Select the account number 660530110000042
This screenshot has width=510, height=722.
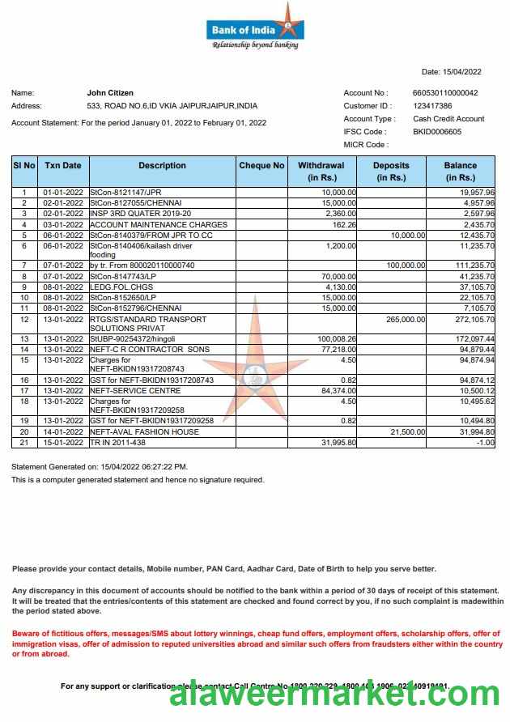pyautogui.click(x=445, y=93)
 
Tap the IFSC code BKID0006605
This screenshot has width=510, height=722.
pyautogui.click(x=437, y=132)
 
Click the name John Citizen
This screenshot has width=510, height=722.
pyautogui.click(x=110, y=93)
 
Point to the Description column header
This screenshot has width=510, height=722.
pyautogui.click(x=162, y=166)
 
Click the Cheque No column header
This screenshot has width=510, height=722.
pyautogui.click(x=261, y=166)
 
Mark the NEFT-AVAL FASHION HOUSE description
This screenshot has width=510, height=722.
pyautogui.click(x=143, y=431)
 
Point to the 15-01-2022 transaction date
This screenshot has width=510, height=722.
pyautogui.click(x=63, y=442)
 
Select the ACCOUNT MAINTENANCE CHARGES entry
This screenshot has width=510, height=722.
pyautogui.click(x=158, y=224)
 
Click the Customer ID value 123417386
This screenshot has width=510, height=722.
pyautogui.click(x=432, y=106)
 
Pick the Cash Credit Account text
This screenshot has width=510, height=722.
pyautogui.click(x=448, y=119)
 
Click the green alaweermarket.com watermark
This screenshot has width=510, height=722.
pyautogui.click(x=339, y=694)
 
